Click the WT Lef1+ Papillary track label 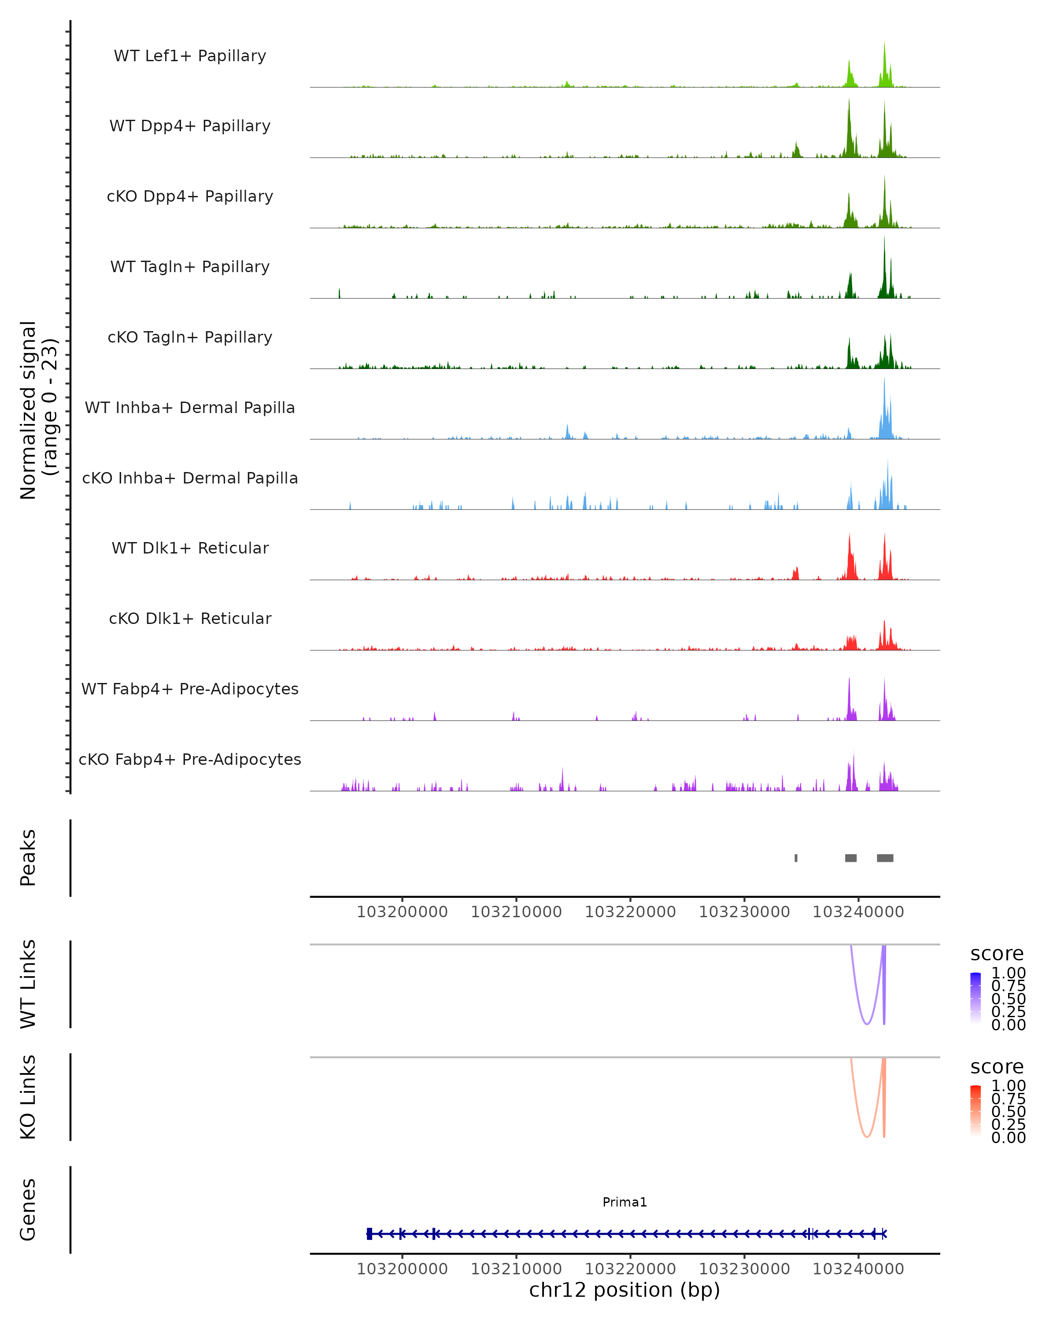(x=190, y=56)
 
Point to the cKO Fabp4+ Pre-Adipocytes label (x=190, y=759)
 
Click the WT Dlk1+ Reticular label (x=190, y=548)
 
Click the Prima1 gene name (x=625, y=1202)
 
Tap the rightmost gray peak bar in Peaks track (x=885, y=858)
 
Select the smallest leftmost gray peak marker (x=796, y=858)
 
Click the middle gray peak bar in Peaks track (x=850, y=858)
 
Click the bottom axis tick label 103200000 (x=402, y=1269)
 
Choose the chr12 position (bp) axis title (x=625, y=1290)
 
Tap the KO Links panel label (x=28, y=1097)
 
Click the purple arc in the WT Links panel (x=866, y=1024)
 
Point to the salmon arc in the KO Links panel (x=866, y=1137)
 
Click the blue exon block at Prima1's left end (x=369, y=1234)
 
